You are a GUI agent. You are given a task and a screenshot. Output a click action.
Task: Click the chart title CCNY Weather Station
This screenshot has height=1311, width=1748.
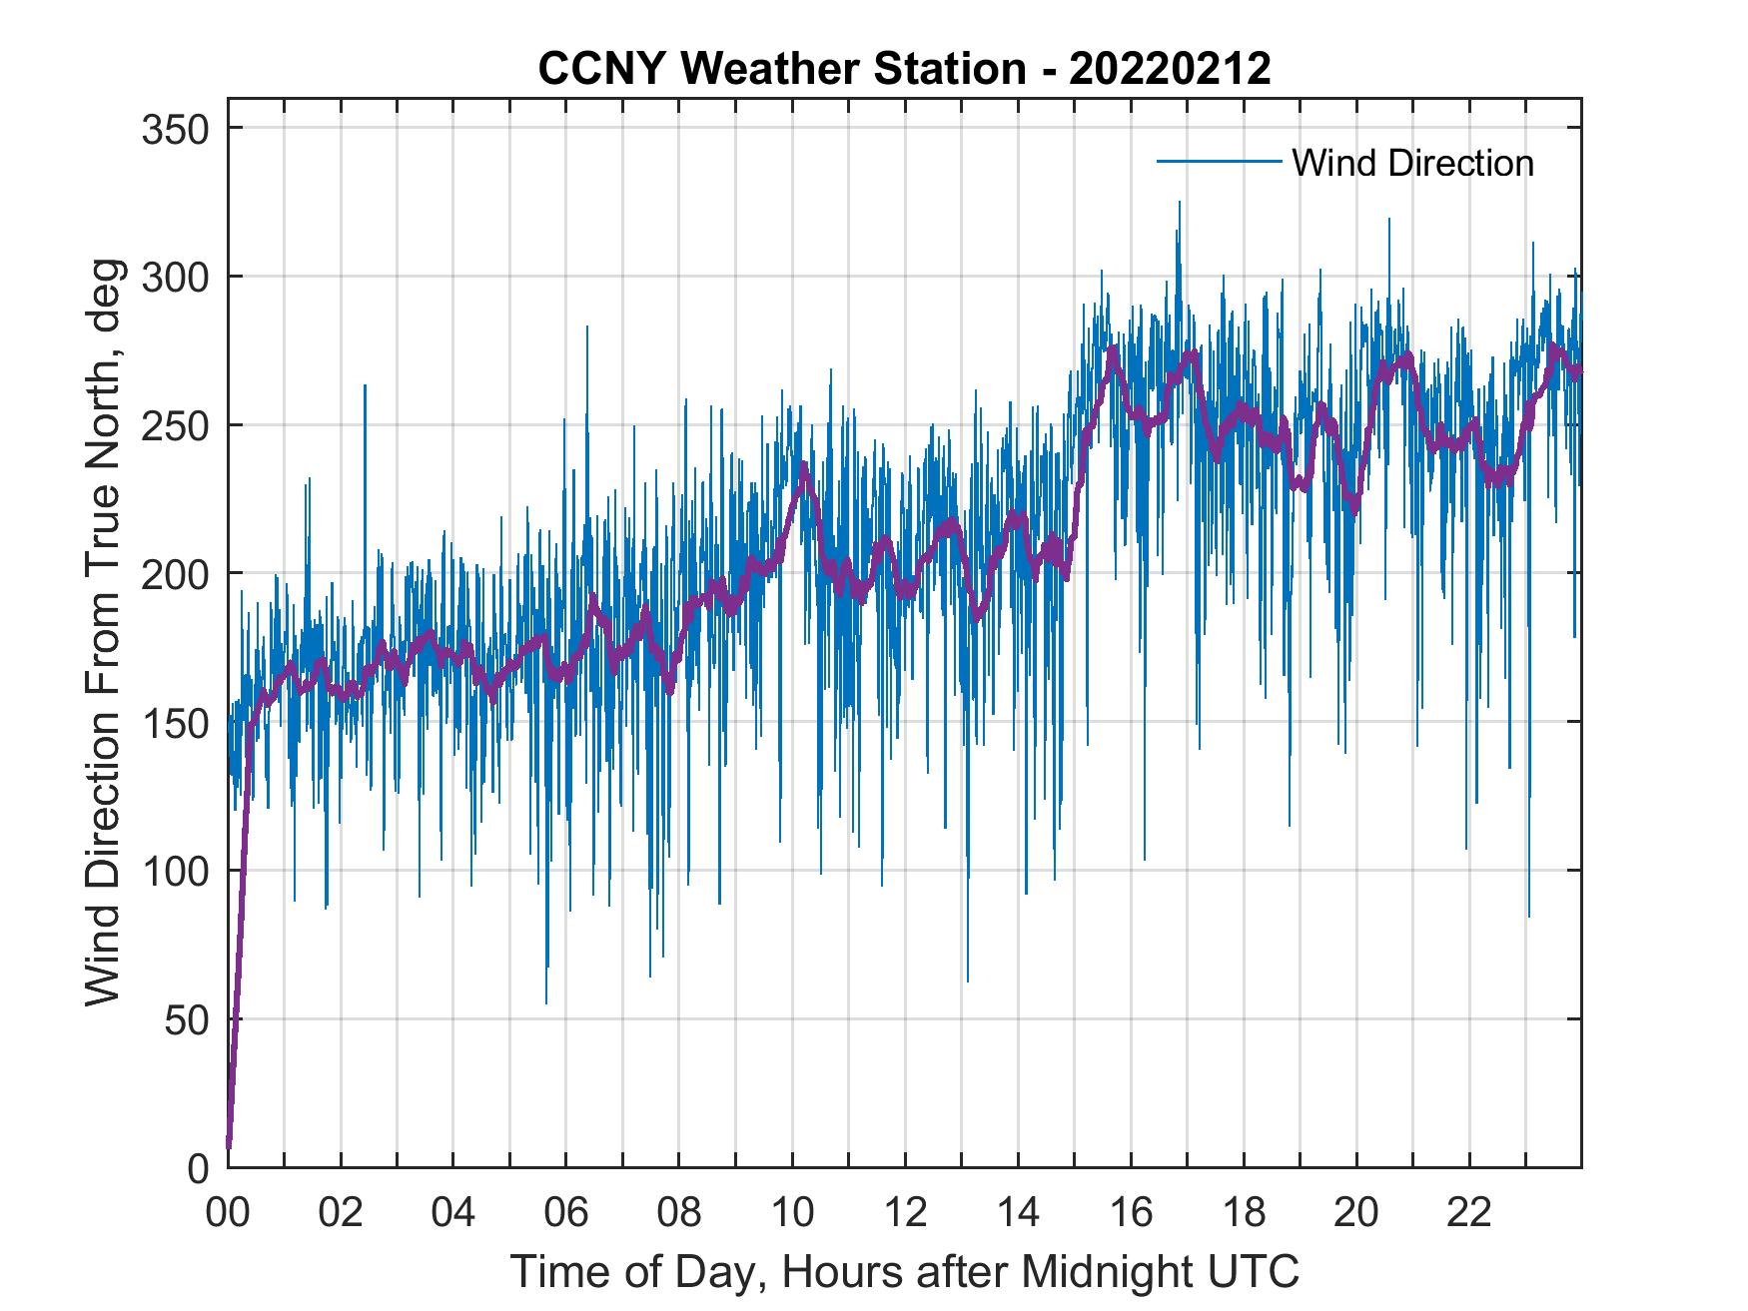781,69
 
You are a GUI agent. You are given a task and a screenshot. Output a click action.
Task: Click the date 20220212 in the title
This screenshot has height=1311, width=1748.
1170,69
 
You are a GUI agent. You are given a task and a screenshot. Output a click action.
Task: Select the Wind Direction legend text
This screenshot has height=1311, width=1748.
1412,163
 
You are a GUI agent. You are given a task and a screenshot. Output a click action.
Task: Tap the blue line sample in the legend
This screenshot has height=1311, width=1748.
1219,162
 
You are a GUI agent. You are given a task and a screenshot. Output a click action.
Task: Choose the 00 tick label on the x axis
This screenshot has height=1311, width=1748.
228,1213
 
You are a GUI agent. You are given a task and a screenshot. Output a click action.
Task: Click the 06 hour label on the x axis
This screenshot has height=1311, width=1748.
566,1213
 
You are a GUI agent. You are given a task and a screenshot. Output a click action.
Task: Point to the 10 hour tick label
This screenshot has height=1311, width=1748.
792,1213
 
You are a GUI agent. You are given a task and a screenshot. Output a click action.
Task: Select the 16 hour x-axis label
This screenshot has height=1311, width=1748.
1131,1213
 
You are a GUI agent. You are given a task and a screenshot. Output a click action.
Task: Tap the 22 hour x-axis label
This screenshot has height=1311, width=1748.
1469,1213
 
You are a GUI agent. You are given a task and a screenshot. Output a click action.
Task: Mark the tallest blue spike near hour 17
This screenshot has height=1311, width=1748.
1179,203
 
